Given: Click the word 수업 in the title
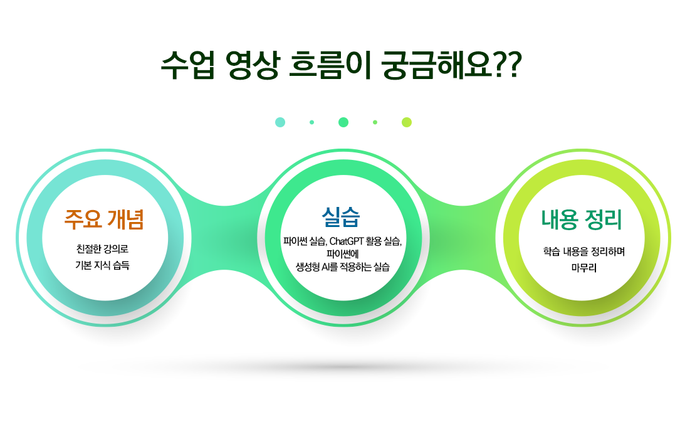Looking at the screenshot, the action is pyautogui.click(x=188, y=65).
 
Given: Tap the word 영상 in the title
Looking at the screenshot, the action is pyautogui.click(x=252, y=65).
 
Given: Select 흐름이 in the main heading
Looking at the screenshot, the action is pyautogui.click(x=330, y=65).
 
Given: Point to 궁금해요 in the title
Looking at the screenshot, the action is pyautogui.click(x=437, y=65).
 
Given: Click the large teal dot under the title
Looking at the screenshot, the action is pyautogui.click(x=280, y=122).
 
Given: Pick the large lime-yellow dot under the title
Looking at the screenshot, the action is pyautogui.click(x=406, y=122).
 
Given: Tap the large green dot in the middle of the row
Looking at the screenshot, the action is pyautogui.click(x=343, y=122).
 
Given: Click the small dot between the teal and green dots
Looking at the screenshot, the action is pyautogui.click(x=312, y=122).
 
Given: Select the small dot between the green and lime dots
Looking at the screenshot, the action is pyautogui.click(x=375, y=122).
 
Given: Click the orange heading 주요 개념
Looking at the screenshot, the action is pyautogui.click(x=104, y=219).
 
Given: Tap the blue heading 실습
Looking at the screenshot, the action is pyautogui.click(x=341, y=217).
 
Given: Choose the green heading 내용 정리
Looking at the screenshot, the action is pyautogui.click(x=582, y=219).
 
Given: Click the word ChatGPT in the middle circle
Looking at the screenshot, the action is pyautogui.click(x=346, y=241).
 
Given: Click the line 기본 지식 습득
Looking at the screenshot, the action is pyautogui.click(x=102, y=265).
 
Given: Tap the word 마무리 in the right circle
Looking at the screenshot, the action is pyautogui.click(x=583, y=268).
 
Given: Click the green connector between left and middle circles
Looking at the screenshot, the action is pyautogui.click(x=224, y=238).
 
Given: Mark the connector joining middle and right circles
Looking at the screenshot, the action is pyautogui.click(x=463, y=238).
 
